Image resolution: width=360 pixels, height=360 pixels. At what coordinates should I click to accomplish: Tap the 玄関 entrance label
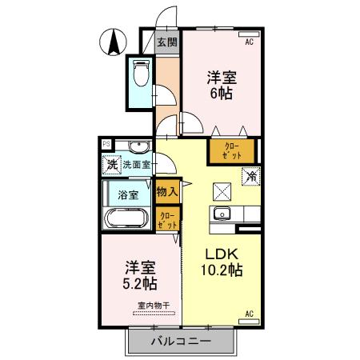[166, 42]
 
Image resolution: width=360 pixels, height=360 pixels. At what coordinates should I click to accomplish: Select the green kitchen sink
[222, 213]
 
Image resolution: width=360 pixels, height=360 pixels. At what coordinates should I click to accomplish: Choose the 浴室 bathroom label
[128, 194]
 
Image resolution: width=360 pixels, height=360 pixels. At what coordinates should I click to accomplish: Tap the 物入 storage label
[167, 193]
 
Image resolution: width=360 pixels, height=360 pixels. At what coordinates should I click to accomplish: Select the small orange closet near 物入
[167, 219]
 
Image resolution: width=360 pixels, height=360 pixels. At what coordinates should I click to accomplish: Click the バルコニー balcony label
[180, 342]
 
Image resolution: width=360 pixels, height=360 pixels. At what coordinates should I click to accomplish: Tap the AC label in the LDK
[249, 313]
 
